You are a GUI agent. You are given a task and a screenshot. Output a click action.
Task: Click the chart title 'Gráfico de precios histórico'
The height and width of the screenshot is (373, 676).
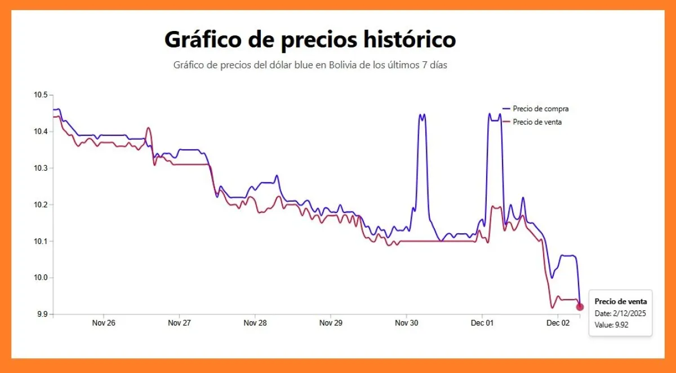[x=310, y=40]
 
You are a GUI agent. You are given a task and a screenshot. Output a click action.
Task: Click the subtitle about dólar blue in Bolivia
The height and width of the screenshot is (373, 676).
[x=310, y=65]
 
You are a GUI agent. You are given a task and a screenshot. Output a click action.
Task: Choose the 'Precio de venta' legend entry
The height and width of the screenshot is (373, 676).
[x=537, y=122]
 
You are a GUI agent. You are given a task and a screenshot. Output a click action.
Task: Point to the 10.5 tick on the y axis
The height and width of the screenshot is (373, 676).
[x=41, y=95]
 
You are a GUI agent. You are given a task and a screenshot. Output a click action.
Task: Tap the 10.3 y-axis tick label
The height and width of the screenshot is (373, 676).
[x=41, y=168]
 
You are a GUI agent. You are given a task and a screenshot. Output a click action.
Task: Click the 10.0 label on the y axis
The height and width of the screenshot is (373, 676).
[x=41, y=278]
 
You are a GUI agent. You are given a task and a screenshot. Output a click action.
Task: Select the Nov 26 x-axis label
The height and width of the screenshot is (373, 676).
[x=104, y=323]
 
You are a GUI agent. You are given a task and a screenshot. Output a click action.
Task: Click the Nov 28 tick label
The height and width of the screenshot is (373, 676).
[x=255, y=323]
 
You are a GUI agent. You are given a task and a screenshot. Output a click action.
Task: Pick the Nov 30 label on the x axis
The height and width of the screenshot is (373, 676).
[x=406, y=323]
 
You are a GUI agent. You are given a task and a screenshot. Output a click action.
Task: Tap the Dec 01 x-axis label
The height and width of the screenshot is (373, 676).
[x=482, y=323]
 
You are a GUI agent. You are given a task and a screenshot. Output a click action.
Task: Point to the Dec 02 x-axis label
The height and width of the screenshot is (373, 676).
[x=557, y=323]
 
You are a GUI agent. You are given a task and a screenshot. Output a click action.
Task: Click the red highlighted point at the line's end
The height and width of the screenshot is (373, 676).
[x=580, y=307]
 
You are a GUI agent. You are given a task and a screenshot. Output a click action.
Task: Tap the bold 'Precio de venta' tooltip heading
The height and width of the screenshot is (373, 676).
[x=620, y=301]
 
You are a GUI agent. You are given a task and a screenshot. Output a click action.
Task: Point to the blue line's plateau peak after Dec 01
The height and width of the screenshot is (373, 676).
[x=494, y=119]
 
